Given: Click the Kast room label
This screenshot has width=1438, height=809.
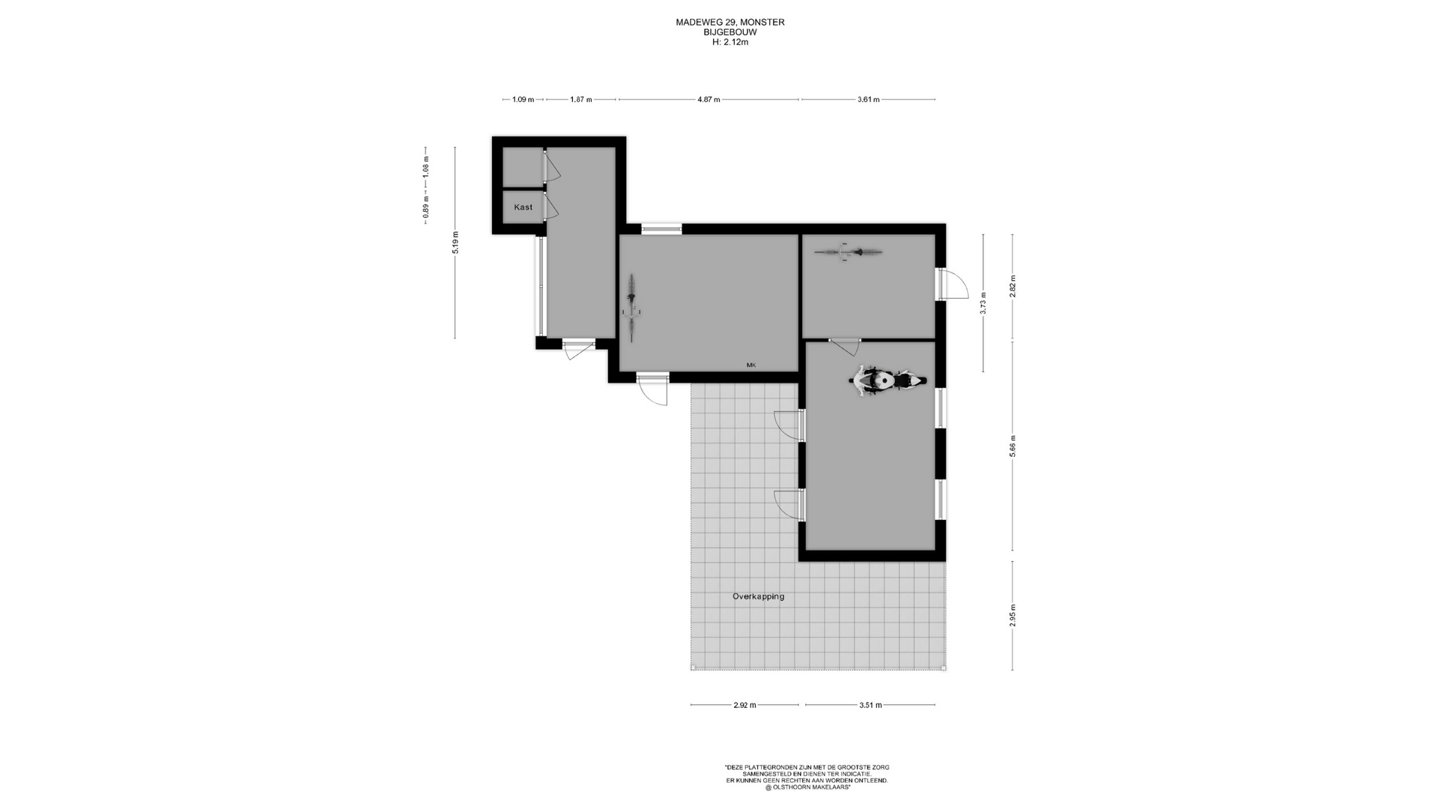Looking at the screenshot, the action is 524,207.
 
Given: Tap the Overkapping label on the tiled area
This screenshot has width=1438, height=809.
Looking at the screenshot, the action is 759,596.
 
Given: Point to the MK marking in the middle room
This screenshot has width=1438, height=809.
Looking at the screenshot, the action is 751,365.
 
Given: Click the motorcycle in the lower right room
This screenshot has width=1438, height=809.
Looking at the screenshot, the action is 888,380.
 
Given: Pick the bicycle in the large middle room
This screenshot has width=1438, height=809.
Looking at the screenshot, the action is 632,308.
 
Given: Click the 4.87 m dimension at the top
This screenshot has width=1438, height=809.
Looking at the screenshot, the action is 709,99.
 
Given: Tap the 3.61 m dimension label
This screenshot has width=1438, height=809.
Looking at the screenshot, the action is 869,99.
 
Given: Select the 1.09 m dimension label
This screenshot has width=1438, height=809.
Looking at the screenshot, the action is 523,99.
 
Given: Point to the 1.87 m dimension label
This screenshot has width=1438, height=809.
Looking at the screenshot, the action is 581,99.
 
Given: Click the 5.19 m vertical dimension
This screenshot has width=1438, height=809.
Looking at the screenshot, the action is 455,243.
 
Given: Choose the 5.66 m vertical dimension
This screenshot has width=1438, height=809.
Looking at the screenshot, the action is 1013,446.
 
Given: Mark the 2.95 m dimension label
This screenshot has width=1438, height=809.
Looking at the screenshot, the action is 1013,615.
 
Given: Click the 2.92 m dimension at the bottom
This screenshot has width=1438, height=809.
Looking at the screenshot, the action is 744,705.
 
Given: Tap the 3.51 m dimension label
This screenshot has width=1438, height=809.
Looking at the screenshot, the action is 870,705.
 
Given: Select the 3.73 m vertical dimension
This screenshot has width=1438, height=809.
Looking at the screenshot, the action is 983,303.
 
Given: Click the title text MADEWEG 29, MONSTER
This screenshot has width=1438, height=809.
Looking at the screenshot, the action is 730,22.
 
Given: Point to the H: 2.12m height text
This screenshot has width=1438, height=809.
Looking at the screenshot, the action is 730,43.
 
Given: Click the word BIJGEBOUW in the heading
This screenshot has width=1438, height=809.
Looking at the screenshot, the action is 730,32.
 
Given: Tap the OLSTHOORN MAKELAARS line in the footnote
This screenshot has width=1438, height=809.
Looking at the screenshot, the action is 807,787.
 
